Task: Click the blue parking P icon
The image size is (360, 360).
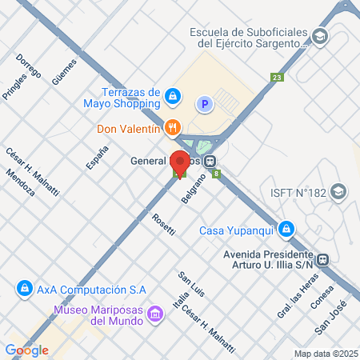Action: pyautogui.click(x=205, y=102)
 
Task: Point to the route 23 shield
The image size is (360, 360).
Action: pyautogui.click(x=277, y=78)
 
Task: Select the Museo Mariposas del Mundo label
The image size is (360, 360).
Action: pyautogui.click(x=98, y=315)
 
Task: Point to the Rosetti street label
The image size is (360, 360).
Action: pyautogui.click(x=164, y=226)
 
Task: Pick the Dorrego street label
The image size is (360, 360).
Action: pyautogui.click(x=28, y=70)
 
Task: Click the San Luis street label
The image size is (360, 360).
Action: pyautogui.click(x=191, y=284)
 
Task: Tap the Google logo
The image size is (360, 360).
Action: pyautogui.click(x=26, y=350)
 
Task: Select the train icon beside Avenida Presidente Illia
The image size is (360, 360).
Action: pyautogui.click(x=324, y=259)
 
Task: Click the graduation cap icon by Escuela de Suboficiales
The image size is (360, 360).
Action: pyautogui.click(x=321, y=37)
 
